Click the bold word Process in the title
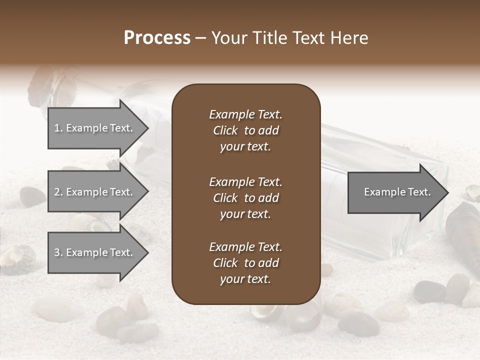pos(157,38)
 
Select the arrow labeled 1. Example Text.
pos(95,128)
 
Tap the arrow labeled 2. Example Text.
pos(95,192)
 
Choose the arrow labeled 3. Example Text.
pos(95,252)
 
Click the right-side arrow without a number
pos(395,192)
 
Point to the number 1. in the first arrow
pos(58,128)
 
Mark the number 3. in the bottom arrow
pos(58,252)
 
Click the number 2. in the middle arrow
pos(58,192)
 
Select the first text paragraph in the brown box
pos(245,130)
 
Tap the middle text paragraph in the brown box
pos(245,198)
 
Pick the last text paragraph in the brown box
pos(245,263)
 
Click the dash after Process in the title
pos(201,38)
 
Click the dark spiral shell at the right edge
pos(460,225)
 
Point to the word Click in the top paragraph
pos(225,130)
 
